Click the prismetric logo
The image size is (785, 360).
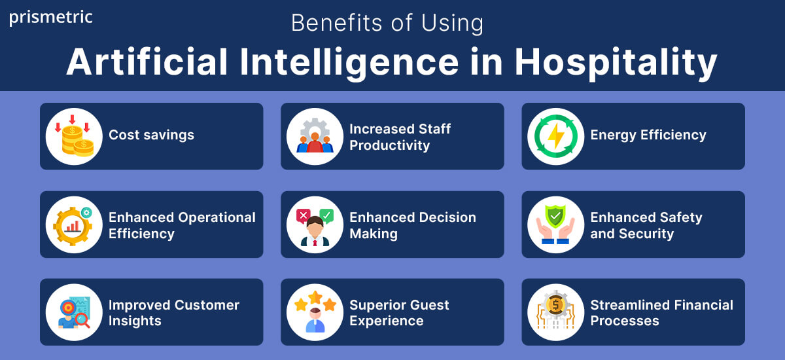[x=51, y=18]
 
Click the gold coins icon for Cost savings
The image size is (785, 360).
[x=74, y=136]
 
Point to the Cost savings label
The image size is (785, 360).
[x=151, y=135]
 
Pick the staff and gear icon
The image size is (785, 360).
[x=315, y=136]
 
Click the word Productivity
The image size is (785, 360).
[x=389, y=145]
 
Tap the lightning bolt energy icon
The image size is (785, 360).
[x=555, y=136]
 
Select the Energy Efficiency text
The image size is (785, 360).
[x=648, y=135]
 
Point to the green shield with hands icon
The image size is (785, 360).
[x=555, y=225]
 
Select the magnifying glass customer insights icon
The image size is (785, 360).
[x=74, y=312]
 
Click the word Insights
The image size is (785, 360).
[x=135, y=321]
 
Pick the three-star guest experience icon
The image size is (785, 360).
[x=315, y=312]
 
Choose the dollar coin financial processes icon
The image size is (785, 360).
[x=555, y=312]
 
